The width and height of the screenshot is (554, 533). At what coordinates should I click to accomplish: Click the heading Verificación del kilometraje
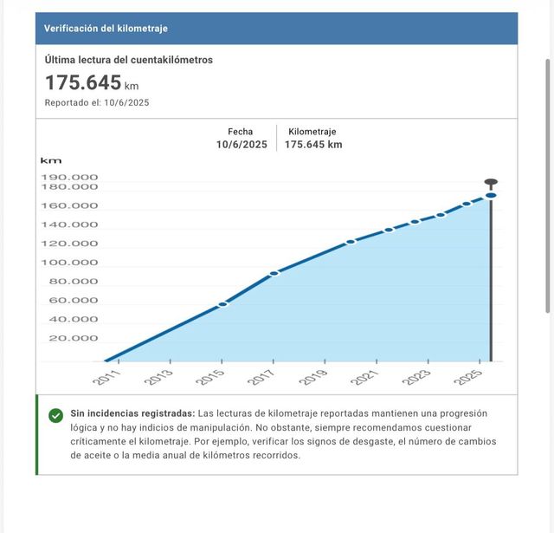pos(106,29)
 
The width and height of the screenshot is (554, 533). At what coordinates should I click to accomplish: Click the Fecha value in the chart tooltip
pos(242,145)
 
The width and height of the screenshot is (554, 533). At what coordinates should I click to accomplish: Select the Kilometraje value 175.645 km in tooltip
pos(313,145)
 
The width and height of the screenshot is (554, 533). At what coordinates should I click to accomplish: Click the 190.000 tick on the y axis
pos(69,177)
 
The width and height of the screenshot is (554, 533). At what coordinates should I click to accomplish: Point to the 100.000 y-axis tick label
pos(69,263)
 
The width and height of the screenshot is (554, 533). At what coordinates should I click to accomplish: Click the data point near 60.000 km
pos(222,304)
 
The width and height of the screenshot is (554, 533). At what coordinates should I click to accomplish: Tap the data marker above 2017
pos(274,273)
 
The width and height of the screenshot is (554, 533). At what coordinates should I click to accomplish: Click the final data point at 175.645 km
pos(491,195)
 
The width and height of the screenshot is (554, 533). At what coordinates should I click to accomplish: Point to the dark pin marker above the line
pos(491,183)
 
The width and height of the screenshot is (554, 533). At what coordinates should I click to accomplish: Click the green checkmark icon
pos(55,416)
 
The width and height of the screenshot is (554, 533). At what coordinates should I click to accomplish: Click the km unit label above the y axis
pos(51,160)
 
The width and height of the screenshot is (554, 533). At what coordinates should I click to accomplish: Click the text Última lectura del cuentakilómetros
pos(128,60)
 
